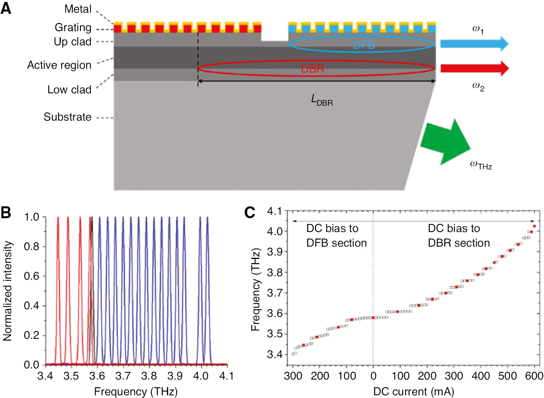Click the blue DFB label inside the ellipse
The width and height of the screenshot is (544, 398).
click(364, 45)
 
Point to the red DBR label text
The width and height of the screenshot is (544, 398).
click(312, 69)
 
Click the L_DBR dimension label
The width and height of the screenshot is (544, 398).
click(322, 100)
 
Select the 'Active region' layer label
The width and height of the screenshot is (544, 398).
click(59, 65)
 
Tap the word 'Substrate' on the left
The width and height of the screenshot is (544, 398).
click(67, 117)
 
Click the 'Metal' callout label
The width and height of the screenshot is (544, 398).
click(78, 9)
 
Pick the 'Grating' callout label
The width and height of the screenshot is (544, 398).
click(73, 27)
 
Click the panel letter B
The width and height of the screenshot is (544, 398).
click(6, 212)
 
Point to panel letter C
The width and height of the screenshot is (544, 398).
click(250, 212)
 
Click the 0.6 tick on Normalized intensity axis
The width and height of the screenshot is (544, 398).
click(32, 276)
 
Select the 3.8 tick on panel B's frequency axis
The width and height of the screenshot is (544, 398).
click(149, 376)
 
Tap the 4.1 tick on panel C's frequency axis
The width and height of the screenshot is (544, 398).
click(275, 211)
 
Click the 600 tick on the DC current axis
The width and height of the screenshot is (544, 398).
click(534, 376)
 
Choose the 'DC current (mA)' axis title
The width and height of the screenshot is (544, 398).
click(414, 391)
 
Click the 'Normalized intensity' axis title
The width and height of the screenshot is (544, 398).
click(8, 291)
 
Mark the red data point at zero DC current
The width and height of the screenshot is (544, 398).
click(373, 318)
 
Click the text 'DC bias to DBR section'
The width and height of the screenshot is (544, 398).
click(459, 235)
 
